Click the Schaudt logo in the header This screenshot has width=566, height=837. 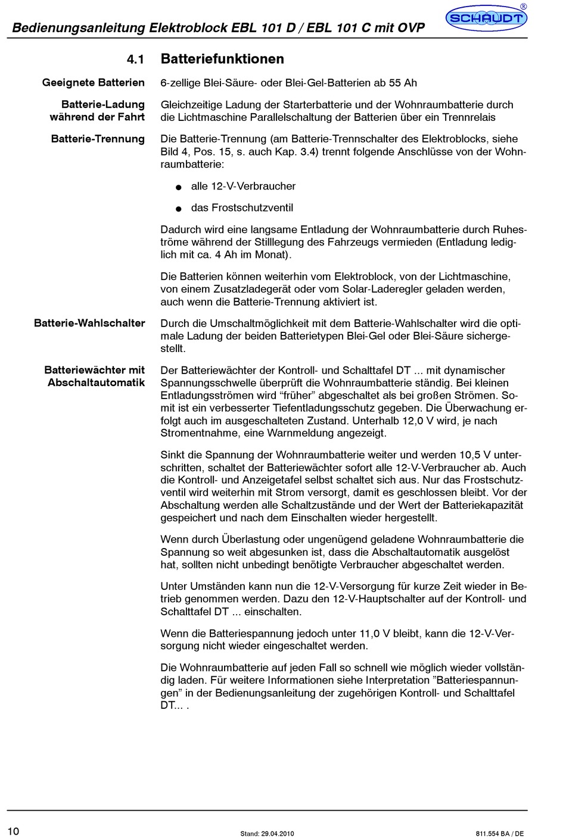coord(486,18)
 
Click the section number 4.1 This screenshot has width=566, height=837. coord(135,59)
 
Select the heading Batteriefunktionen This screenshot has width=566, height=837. coord(222,59)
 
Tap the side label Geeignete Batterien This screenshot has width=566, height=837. coord(93,83)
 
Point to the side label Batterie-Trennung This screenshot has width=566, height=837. coord(98,139)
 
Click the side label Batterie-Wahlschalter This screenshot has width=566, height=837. coord(89,323)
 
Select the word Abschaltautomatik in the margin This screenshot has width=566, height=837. coord(96,382)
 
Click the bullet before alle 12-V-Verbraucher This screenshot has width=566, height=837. coord(178,188)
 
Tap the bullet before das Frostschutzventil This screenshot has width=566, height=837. coord(178,209)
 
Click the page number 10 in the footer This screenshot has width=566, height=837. coord(14,831)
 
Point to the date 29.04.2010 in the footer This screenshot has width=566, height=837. coord(278,833)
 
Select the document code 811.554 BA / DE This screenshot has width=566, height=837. coord(500,833)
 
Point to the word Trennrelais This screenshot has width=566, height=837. coord(468,117)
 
